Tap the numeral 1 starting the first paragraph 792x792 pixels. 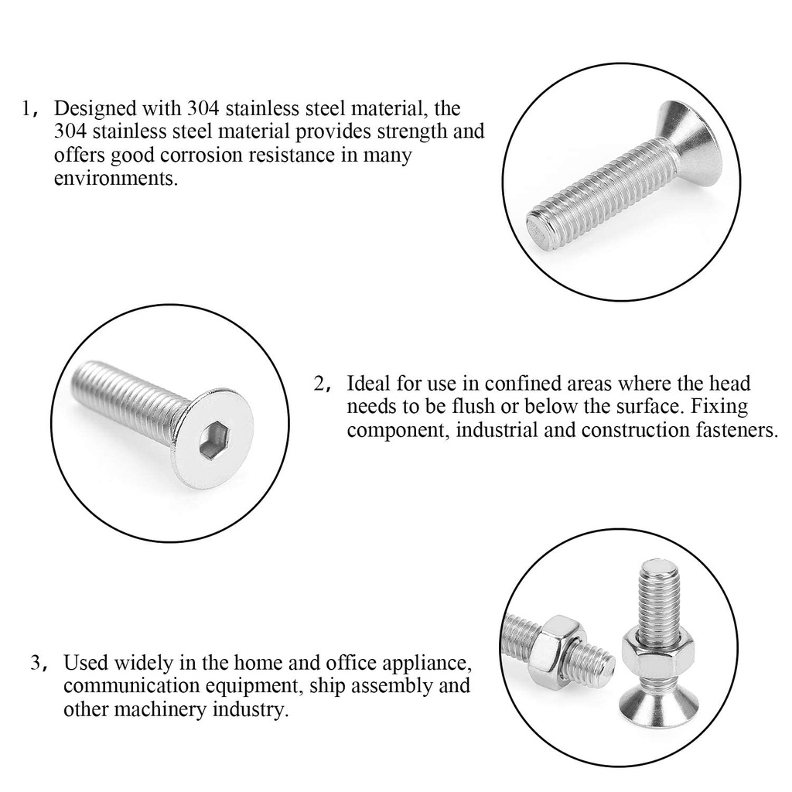pos(27,108)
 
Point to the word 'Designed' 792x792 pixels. pos(94,108)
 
